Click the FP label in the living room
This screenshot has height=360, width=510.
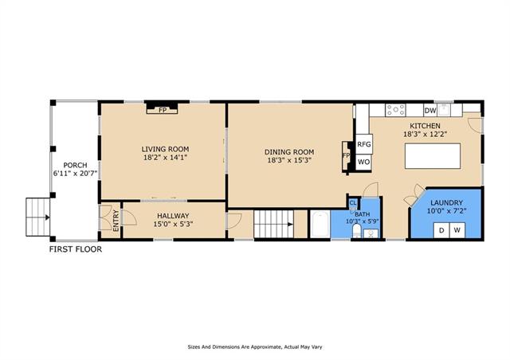(163, 110)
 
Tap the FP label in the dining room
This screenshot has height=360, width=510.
(346, 156)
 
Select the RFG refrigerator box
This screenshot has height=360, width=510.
(364, 143)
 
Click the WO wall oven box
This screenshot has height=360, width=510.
(364, 162)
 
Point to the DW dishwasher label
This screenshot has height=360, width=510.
(430, 111)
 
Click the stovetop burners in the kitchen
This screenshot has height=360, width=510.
(395, 110)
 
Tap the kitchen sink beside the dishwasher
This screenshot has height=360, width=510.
(443, 110)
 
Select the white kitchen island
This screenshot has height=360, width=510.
(433, 156)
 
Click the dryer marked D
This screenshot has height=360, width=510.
(441, 230)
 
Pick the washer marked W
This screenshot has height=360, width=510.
(457, 230)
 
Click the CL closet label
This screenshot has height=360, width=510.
(353, 203)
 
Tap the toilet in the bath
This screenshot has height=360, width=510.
(357, 232)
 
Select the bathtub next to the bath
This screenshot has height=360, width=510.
(320, 224)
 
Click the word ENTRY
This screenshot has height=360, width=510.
(116, 221)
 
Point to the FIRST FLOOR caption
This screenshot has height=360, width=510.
(76, 249)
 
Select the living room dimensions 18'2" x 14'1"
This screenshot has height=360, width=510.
(166, 158)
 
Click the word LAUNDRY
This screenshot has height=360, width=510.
(446, 202)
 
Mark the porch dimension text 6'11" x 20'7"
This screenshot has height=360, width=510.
(76, 174)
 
